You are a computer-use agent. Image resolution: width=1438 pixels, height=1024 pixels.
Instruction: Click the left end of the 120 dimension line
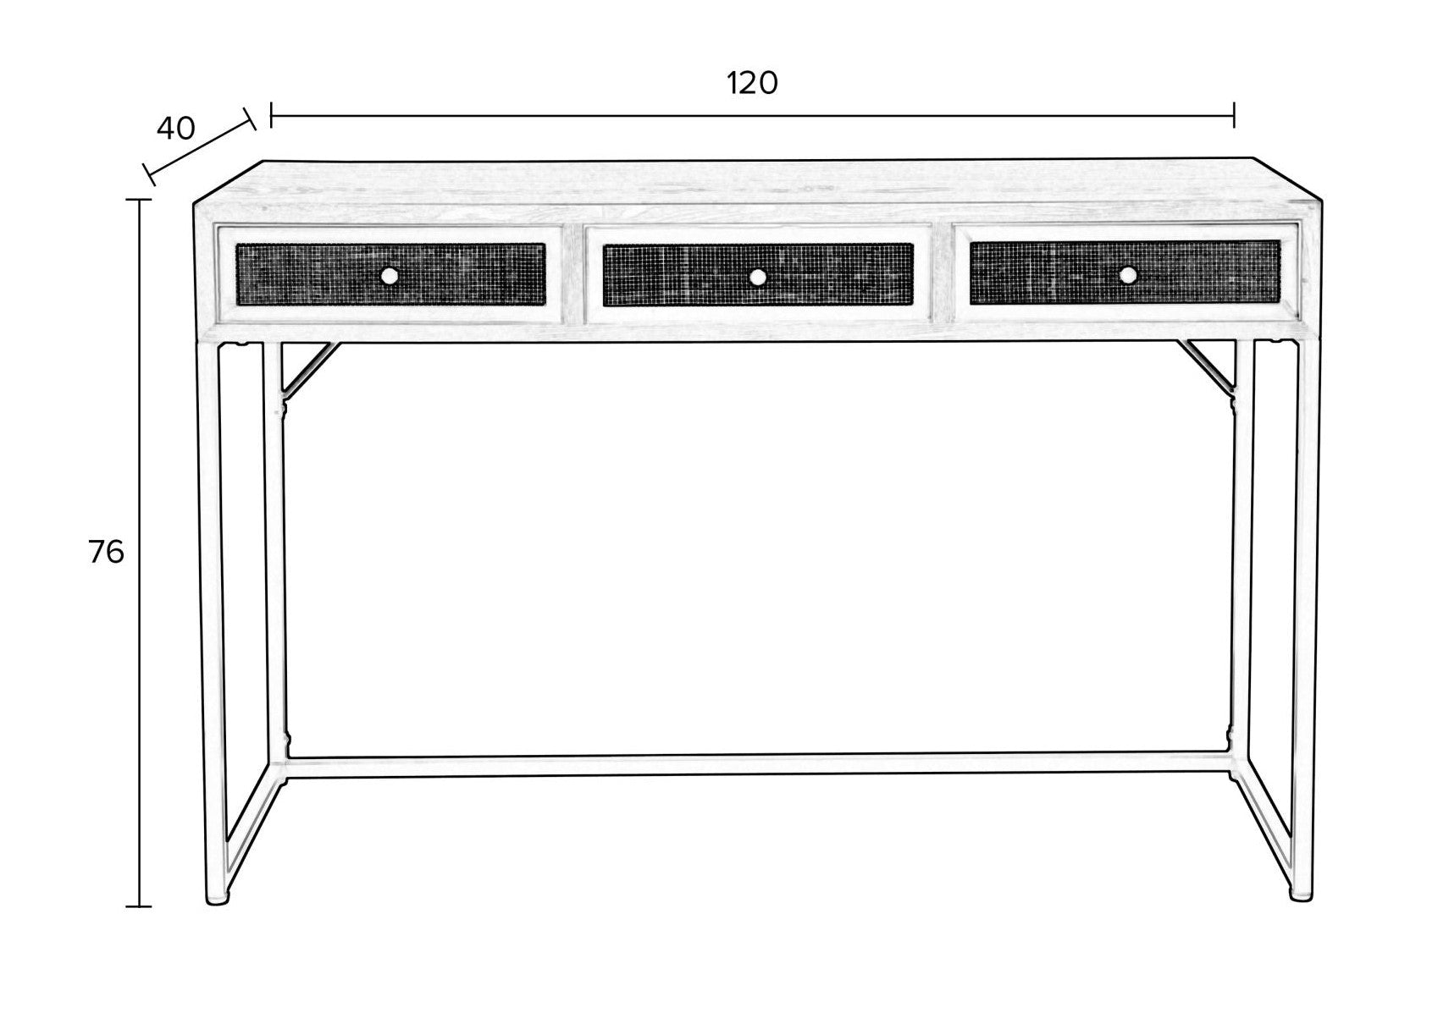[272, 116]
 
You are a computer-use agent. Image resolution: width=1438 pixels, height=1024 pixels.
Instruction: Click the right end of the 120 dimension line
[1233, 116]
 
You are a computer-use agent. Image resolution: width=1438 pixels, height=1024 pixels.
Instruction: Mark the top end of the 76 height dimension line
[139, 200]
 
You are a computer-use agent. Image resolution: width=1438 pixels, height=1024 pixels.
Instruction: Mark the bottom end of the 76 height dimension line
[139, 906]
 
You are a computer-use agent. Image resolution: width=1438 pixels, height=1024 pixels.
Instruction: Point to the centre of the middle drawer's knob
[758, 277]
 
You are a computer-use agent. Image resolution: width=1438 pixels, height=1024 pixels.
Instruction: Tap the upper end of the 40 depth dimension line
[251, 118]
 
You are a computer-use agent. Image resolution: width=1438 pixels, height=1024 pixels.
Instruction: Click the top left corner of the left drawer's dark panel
[237, 244]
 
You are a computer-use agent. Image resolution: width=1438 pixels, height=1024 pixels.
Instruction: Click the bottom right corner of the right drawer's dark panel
[1280, 304]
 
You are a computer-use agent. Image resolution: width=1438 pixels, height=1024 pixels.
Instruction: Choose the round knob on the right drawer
[1128, 275]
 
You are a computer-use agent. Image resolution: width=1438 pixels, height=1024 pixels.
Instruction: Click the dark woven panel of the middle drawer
[758, 274]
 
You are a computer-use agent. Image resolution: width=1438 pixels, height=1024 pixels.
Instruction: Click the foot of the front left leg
[217, 897]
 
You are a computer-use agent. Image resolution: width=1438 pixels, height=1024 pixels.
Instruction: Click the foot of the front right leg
[1302, 895]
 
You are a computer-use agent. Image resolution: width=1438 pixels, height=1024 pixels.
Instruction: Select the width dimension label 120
[752, 84]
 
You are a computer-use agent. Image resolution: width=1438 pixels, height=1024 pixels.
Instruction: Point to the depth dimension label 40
[175, 129]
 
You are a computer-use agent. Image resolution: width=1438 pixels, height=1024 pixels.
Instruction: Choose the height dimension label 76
[106, 552]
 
